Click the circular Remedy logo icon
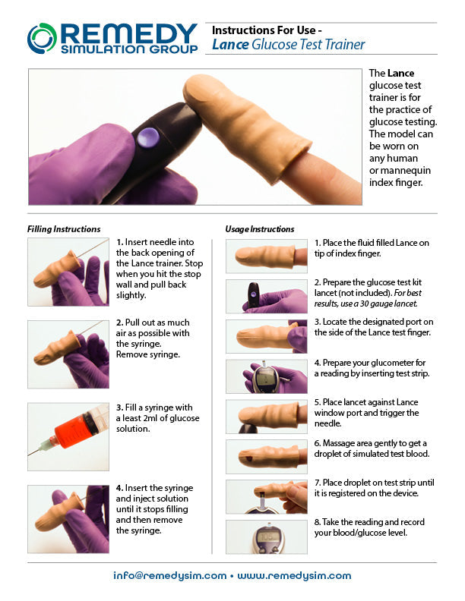[42, 38]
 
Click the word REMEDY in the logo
[128, 33]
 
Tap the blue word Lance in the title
[229, 45]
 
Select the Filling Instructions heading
[64, 228]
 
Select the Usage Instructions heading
[260, 228]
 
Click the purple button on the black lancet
[147, 137]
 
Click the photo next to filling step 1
[68, 272]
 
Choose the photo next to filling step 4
[68, 518]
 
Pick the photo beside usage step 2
[266, 296]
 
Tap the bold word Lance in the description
[400, 74]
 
